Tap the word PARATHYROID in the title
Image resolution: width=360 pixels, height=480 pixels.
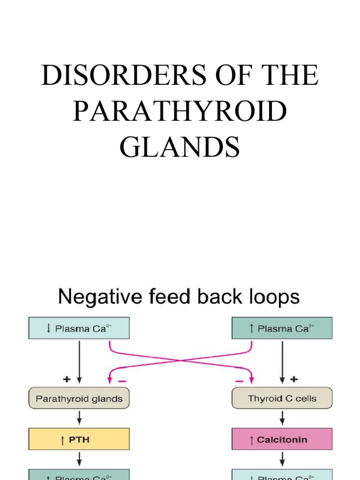tap(180, 112)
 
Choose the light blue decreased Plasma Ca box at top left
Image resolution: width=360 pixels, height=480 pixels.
tap(79, 328)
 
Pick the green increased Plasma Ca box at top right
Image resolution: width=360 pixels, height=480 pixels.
tap(282, 328)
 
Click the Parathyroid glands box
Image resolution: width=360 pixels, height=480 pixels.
tap(79, 399)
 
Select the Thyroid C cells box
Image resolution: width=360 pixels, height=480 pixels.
tap(282, 399)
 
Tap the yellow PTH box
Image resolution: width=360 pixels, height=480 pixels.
tap(79, 440)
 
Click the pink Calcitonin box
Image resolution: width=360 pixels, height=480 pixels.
tap(282, 440)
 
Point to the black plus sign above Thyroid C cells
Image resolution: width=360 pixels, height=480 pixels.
tap(294, 378)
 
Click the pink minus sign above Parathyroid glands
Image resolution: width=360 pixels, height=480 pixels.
tap(122, 381)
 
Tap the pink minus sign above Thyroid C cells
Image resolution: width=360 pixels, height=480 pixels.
tap(240, 381)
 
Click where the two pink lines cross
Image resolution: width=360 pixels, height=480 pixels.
tap(180, 360)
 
